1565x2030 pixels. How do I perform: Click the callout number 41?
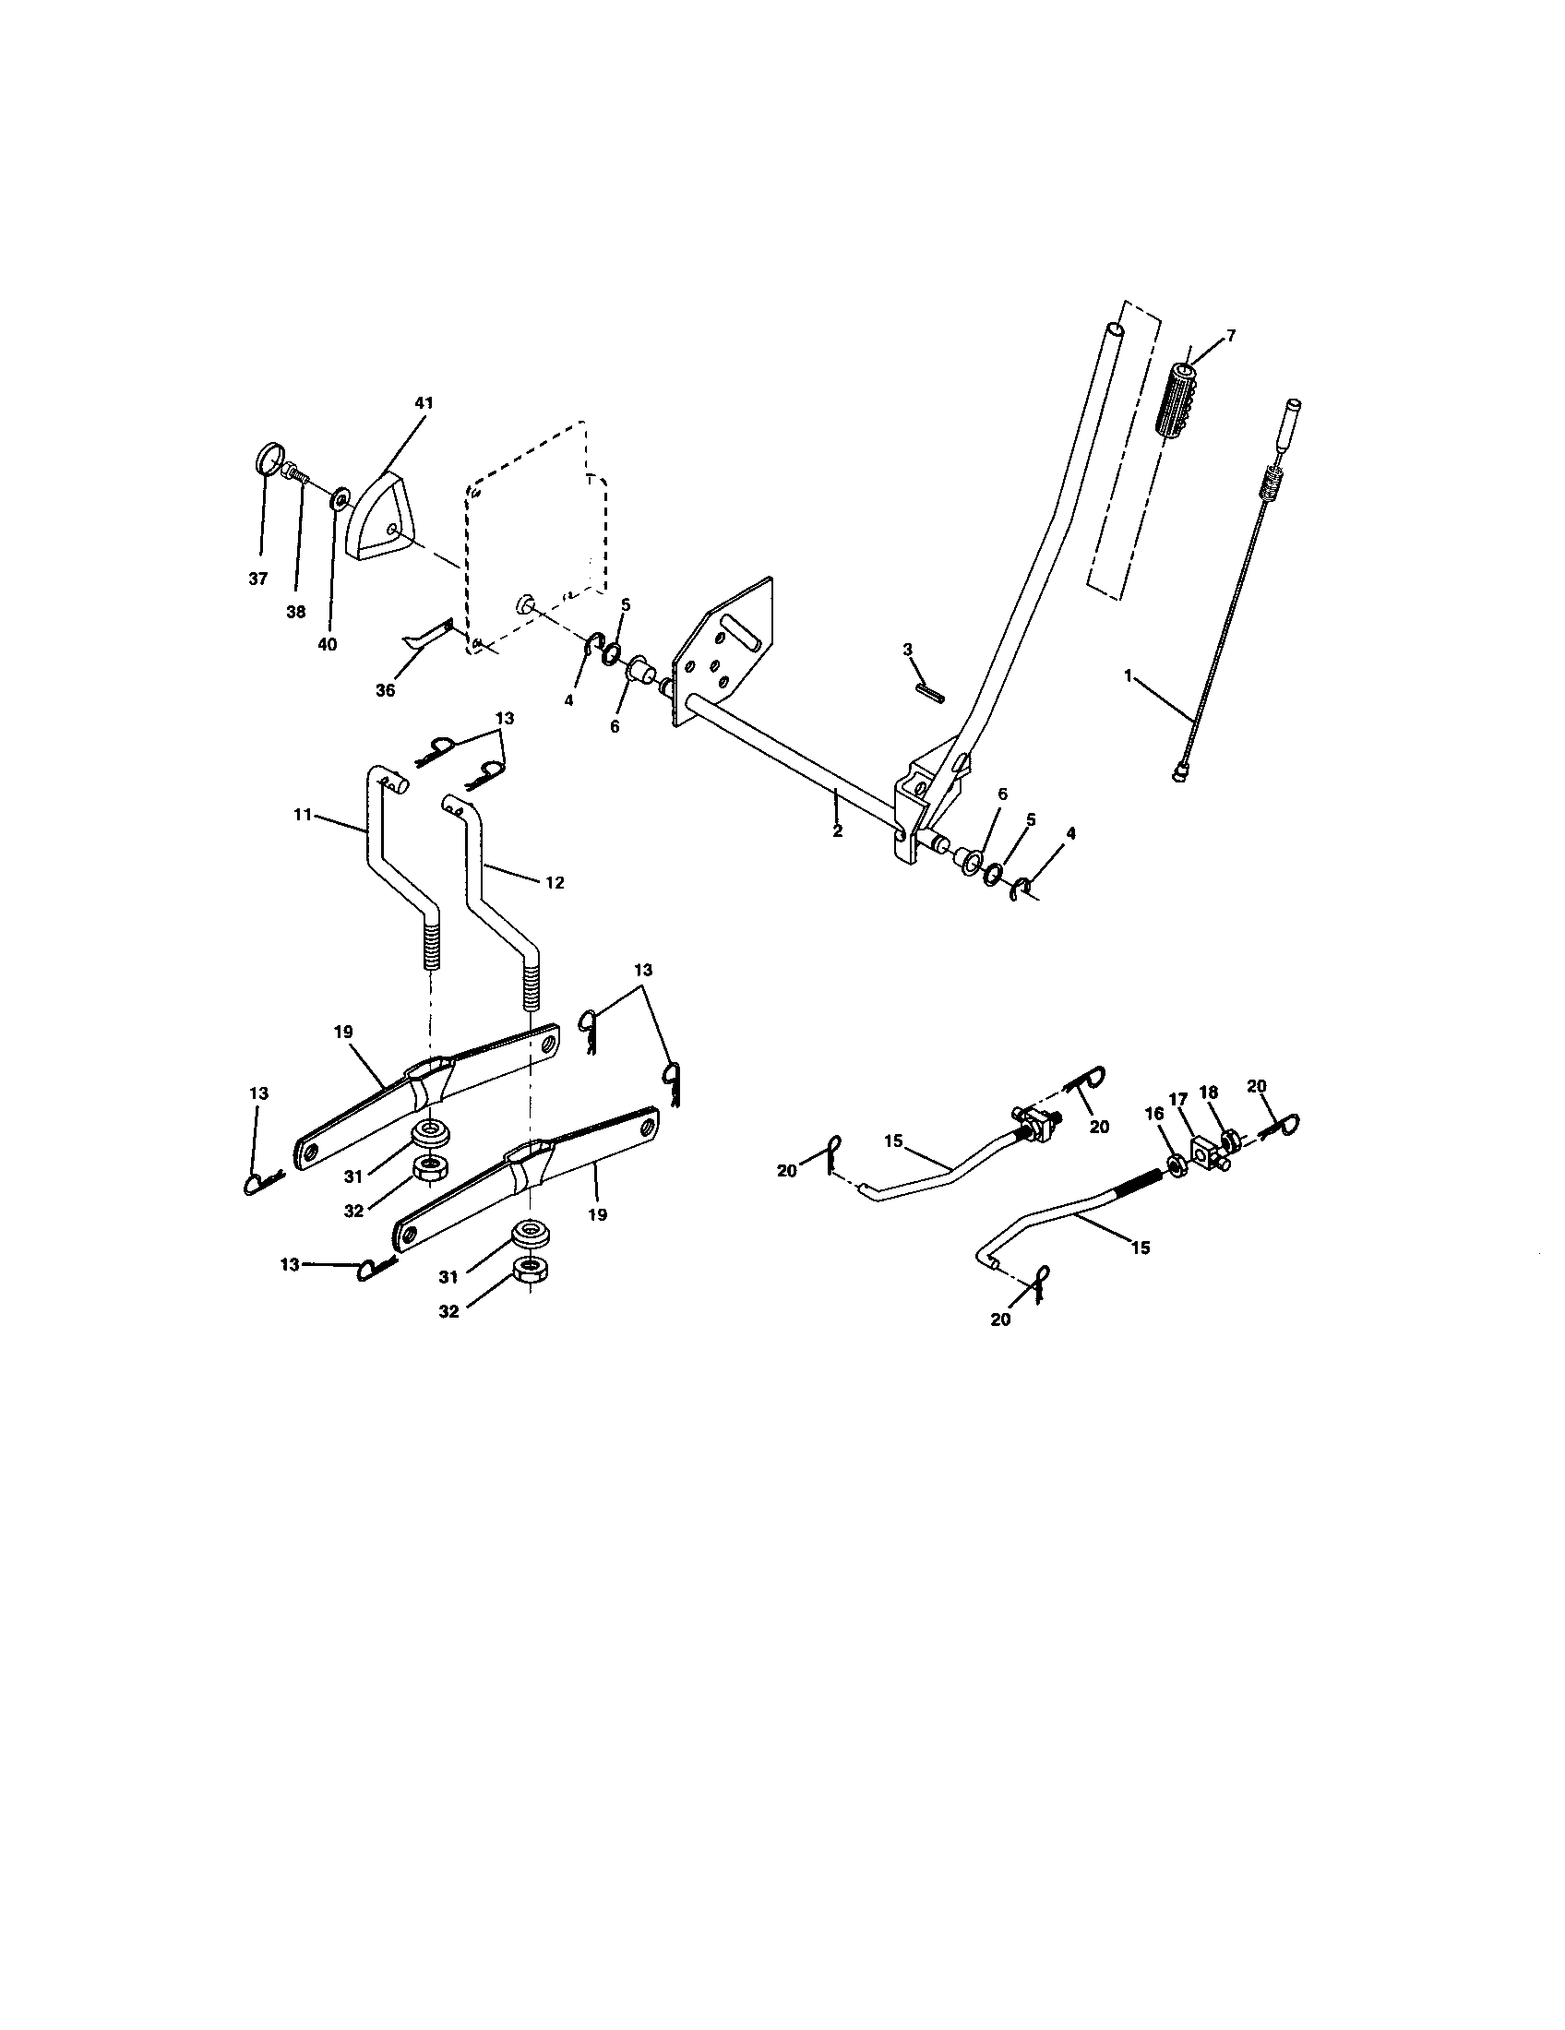[x=424, y=403]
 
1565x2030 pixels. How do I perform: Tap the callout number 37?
[x=257, y=579]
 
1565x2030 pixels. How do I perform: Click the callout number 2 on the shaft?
[x=837, y=831]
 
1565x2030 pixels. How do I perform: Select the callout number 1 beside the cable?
[x=1129, y=676]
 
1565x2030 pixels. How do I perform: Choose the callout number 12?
[x=555, y=882]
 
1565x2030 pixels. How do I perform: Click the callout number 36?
[x=385, y=689]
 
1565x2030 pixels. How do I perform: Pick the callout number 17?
[x=1178, y=1099]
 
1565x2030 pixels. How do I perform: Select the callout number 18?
[x=1209, y=1093]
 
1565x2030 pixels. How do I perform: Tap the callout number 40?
[x=328, y=644]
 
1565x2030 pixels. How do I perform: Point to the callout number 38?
[x=295, y=612]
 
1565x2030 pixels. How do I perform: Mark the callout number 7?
[x=1231, y=336]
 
